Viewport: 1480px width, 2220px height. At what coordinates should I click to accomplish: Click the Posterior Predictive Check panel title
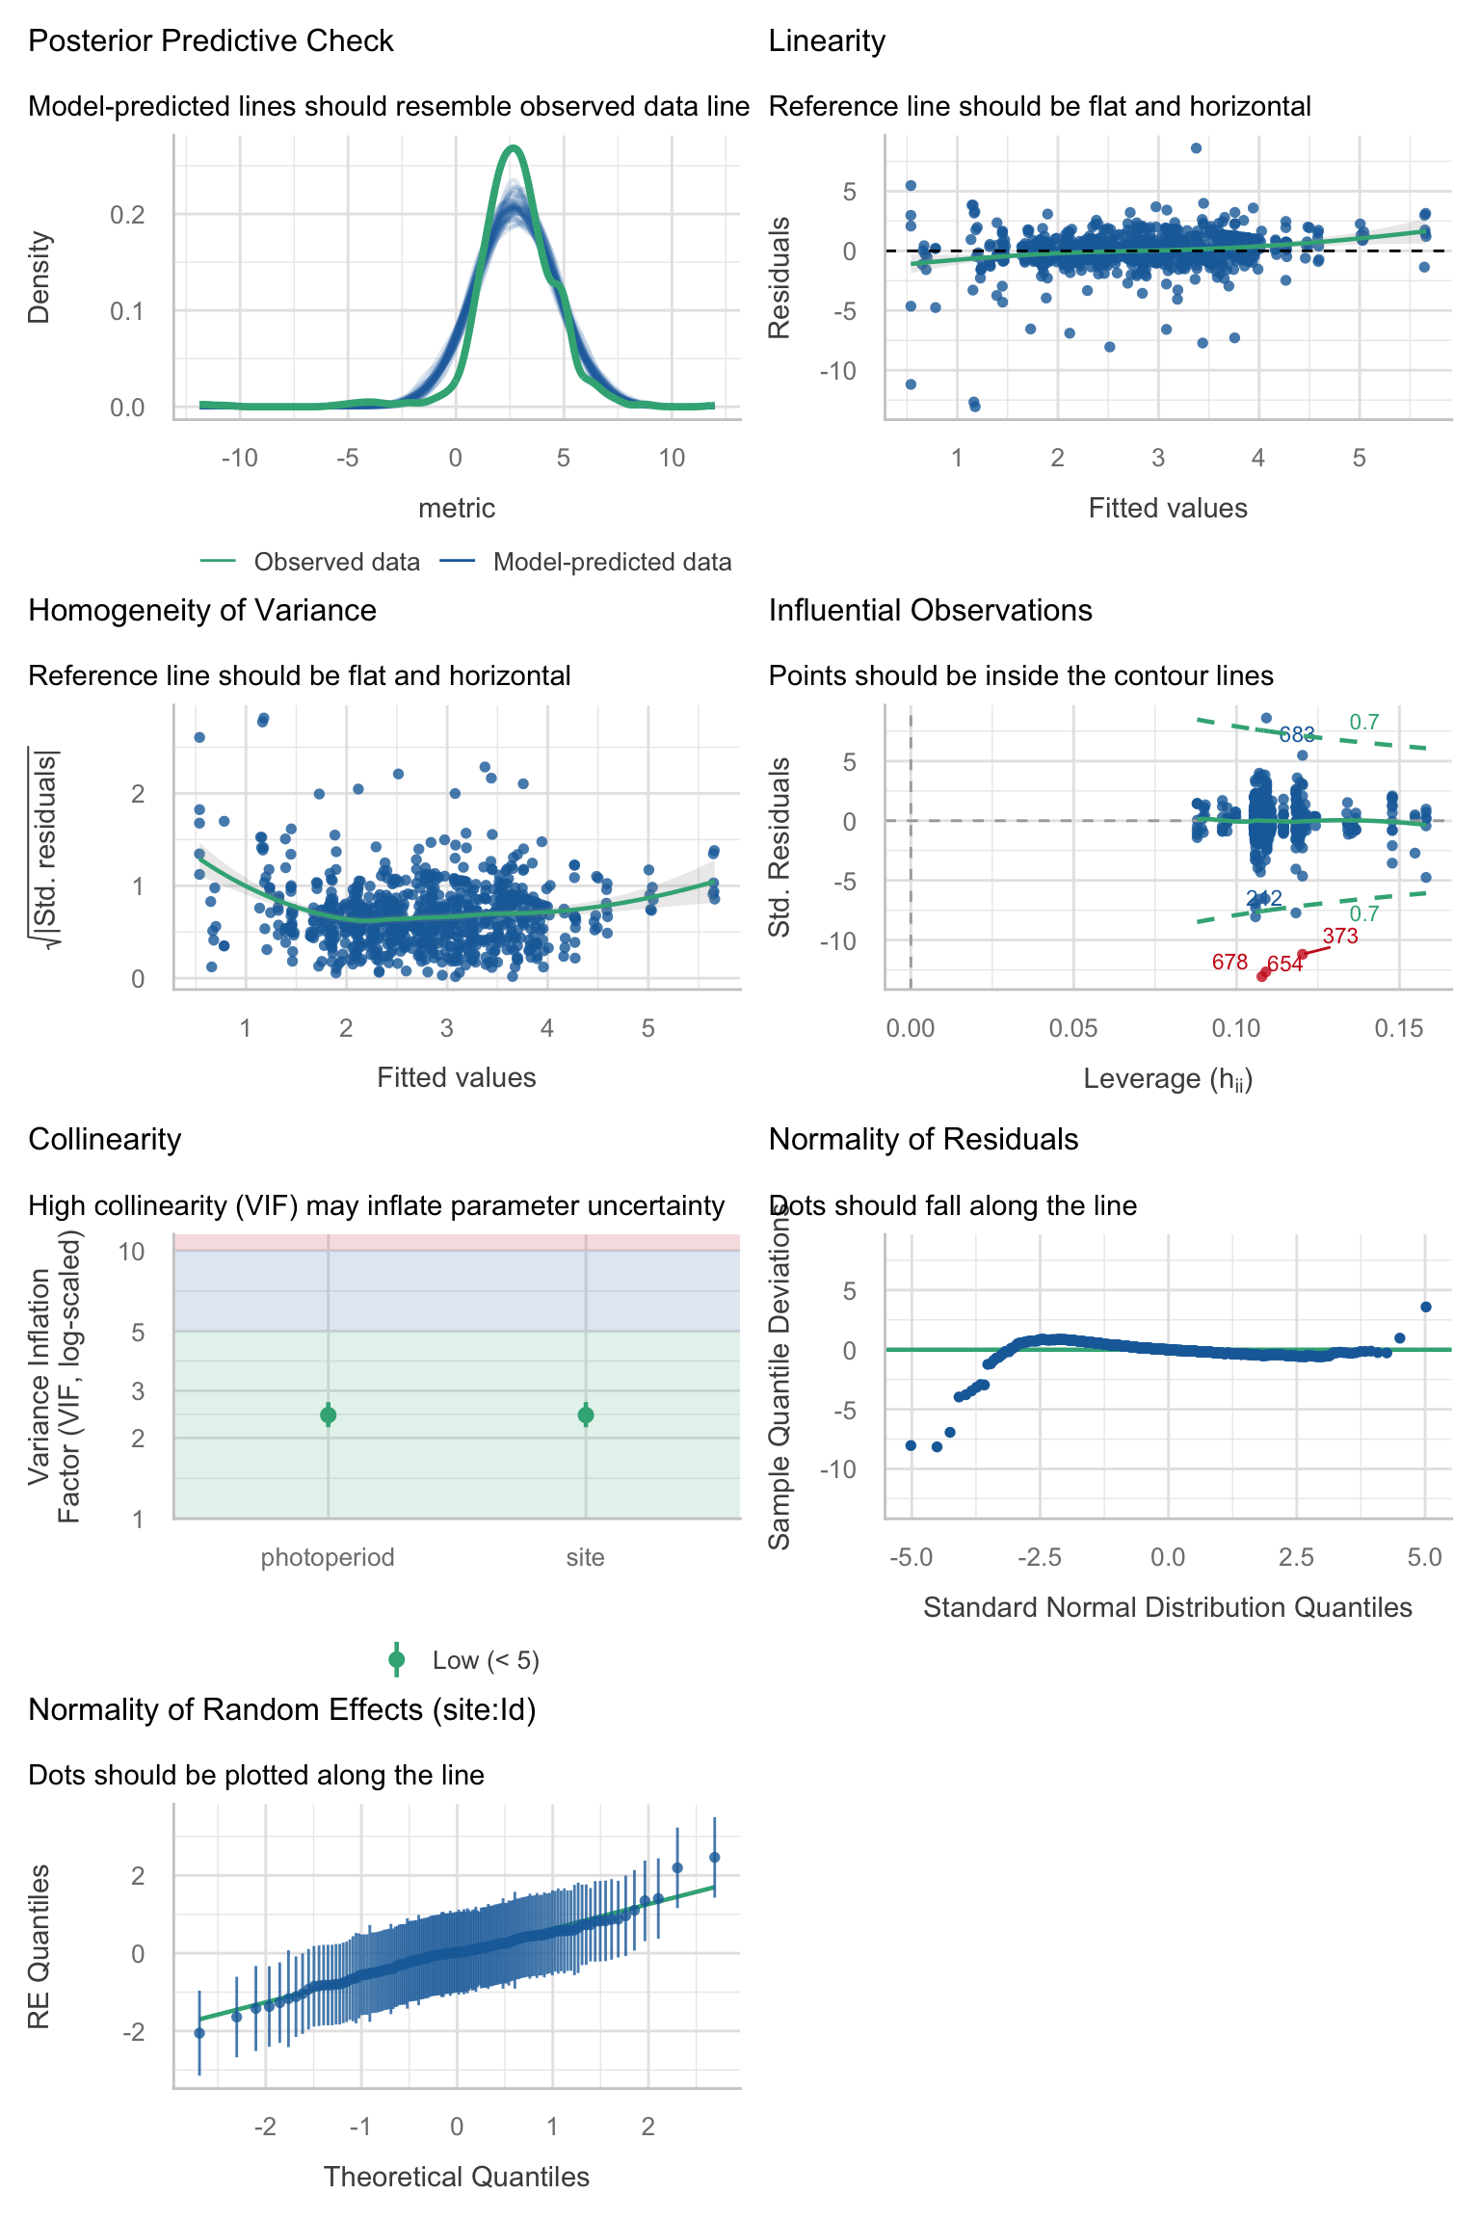[210, 41]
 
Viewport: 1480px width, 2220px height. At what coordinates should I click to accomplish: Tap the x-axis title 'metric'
[456, 508]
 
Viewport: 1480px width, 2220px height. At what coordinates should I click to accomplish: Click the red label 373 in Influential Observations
[1340, 936]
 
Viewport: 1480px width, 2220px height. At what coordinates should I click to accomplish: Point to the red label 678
[1229, 962]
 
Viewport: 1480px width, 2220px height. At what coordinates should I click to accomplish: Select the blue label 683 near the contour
[1297, 735]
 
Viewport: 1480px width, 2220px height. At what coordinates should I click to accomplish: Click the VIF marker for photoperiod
[328, 1414]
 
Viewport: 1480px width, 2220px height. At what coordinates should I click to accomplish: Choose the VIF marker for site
[585, 1414]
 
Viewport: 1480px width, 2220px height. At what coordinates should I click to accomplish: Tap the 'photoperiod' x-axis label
[328, 1557]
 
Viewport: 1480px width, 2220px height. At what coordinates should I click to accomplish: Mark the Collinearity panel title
[104, 1139]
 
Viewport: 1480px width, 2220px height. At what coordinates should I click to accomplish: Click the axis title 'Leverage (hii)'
[1168, 1078]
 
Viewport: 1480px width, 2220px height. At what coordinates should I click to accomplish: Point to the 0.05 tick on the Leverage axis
[1073, 1028]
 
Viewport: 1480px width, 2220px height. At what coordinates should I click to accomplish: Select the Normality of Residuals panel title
[923, 1139]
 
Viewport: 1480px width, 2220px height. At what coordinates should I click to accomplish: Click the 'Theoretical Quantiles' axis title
[456, 2177]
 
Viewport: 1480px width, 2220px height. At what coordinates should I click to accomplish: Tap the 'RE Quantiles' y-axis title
[39, 1946]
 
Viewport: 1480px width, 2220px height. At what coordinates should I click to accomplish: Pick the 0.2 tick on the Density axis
[127, 214]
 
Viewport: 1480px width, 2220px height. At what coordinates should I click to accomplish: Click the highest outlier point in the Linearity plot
[1196, 148]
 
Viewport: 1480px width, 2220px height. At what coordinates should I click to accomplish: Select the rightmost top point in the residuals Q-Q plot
[1425, 1307]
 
